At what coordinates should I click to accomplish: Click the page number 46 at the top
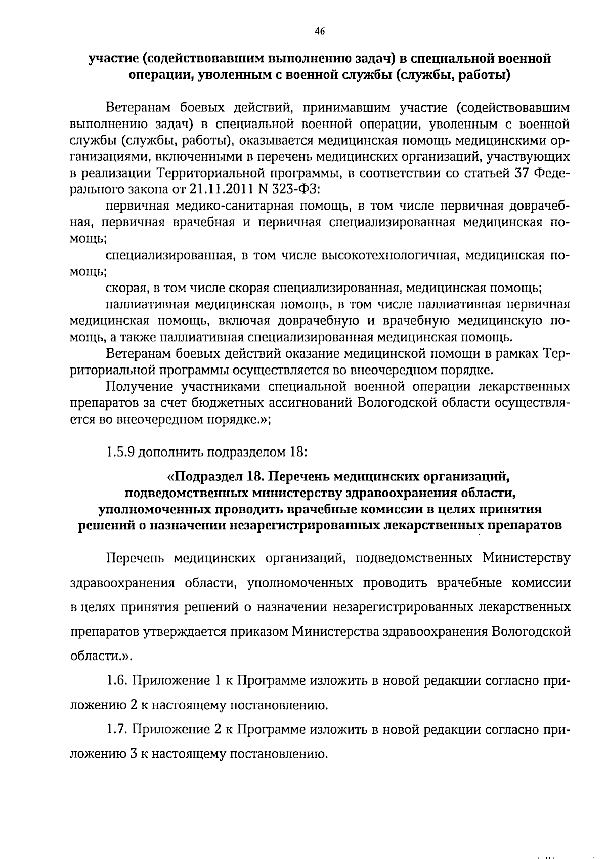coord(319,31)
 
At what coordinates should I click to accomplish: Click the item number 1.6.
coord(117,680)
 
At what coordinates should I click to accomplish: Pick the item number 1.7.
coord(117,729)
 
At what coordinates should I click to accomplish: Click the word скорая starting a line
coord(124,288)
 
